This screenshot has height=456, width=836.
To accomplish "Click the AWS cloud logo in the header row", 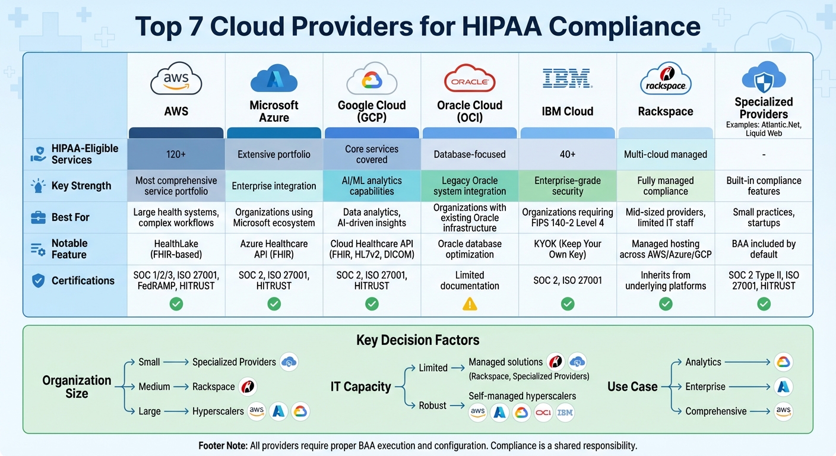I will point(176,80).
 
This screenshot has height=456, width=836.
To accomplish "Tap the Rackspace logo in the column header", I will point(666,79).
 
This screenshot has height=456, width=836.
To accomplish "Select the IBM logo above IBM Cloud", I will point(567,78).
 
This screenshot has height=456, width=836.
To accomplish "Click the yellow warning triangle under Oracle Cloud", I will point(470,304).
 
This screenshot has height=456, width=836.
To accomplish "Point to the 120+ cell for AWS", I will point(176,154).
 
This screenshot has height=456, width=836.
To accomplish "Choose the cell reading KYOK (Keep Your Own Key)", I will point(568,249).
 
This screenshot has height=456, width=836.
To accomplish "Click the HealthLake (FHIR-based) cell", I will point(176,249).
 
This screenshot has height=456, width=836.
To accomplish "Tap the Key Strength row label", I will point(81,186).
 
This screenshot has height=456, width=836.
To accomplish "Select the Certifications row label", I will point(83,280).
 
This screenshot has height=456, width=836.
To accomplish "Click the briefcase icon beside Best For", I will point(38,217).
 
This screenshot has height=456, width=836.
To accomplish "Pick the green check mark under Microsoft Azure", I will point(274,304).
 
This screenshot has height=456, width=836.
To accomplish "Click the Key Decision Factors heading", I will point(417,340).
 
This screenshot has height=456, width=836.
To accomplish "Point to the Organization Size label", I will point(77,387).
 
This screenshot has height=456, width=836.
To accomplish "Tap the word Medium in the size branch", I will point(154,387).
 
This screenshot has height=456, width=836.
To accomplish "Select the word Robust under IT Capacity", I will point(432,406).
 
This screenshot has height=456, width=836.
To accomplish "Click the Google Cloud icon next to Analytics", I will point(784,362).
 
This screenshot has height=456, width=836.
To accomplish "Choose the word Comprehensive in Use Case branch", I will point(715,411).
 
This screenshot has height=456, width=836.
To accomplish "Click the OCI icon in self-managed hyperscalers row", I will point(543,412).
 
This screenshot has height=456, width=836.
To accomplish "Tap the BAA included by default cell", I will point(764,249).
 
